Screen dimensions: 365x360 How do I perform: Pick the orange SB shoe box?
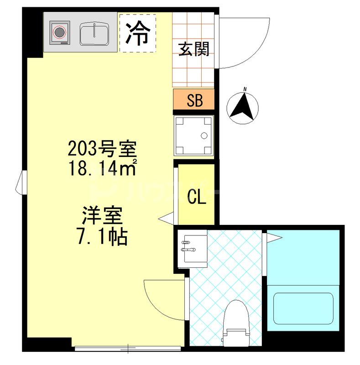coord(194,100)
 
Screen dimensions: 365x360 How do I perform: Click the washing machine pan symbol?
coord(194,135)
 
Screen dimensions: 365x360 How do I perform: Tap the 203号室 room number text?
coord(102,149)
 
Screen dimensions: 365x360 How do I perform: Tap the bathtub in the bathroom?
coord(303,308)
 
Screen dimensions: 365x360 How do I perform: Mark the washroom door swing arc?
coord(162,297)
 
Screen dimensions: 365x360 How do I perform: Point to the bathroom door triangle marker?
coord(274,237)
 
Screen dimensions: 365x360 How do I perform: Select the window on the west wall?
coord(21,182)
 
